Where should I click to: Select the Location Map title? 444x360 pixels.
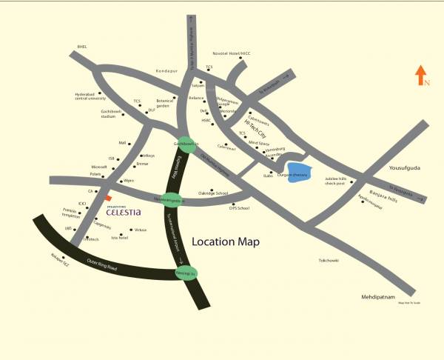point(226,242)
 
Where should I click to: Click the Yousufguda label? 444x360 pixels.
point(404,168)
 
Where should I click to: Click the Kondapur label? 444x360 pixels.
point(168,71)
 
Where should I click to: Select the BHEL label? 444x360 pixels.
point(81,47)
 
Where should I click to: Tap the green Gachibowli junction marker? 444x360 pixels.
point(185,144)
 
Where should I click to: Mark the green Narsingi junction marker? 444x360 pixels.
point(185,273)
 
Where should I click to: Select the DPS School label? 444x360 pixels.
point(240,209)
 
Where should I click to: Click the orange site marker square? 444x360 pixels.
point(107,199)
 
